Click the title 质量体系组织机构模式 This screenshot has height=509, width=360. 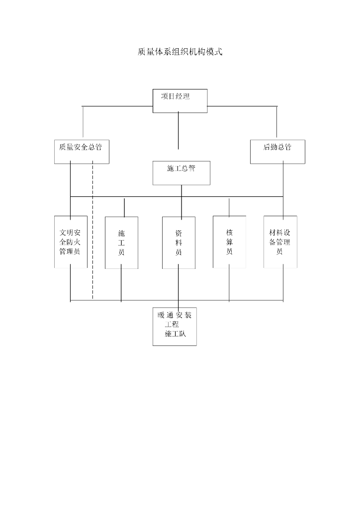pyautogui.click(x=180, y=52)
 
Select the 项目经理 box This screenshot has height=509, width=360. pyautogui.click(x=180, y=100)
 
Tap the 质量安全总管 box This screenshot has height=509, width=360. pyautogui.click(x=82, y=152)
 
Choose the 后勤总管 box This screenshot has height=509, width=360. pyautogui.click(x=277, y=152)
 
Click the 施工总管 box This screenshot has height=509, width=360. pyautogui.click(x=181, y=172)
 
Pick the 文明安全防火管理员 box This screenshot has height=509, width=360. pyautogui.click(x=71, y=242)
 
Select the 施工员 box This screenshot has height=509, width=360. pyautogui.click(x=121, y=243)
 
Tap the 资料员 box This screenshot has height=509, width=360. pyautogui.click(x=179, y=243)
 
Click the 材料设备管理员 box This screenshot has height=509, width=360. pyautogui.click(x=280, y=242)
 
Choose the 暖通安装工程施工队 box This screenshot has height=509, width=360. pyautogui.click(x=175, y=326)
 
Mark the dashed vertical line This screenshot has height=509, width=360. pyautogui.click(x=93, y=234)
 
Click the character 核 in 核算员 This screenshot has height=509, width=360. pyautogui.click(x=229, y=232)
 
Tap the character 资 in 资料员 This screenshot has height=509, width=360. pyautogui.click(x=179, y=233)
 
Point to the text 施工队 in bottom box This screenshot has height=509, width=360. pyautogui.click(x=175, y=334)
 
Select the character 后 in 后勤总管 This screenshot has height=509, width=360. pyautogui.click(x=267, y=147)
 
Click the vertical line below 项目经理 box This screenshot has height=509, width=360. pyautogui.click(x=179, y=130)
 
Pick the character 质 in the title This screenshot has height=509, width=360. pyautogui.click(x=142, y=52)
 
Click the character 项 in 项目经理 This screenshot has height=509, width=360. pyautogui.click(x=164, y=96)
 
